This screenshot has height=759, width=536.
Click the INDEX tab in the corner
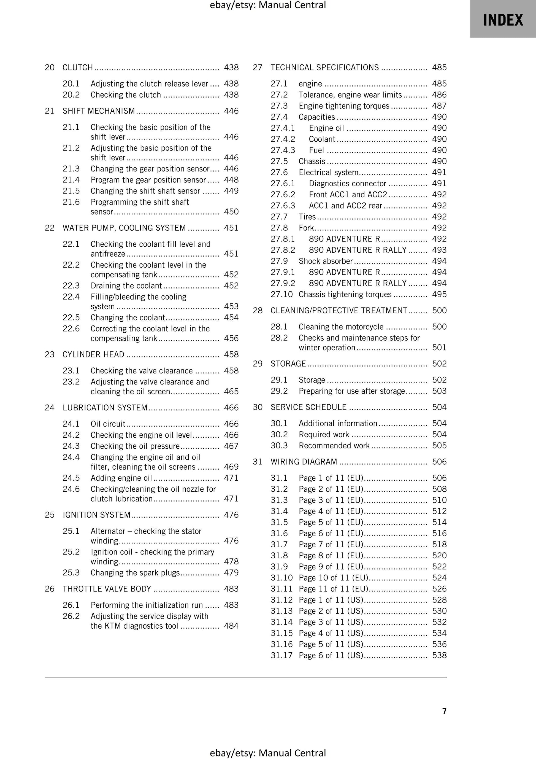503,20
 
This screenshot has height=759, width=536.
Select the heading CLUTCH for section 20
78,68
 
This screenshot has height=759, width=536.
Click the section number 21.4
71,180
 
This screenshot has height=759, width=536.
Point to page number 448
231,180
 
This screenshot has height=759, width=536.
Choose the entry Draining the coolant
126,286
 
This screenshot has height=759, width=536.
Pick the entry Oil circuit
108,424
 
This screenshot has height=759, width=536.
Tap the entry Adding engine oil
121,478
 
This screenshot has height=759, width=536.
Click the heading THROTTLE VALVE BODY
107,589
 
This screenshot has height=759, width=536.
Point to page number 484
231,626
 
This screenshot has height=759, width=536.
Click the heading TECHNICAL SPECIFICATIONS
324,68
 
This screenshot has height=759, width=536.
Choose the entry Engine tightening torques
344,106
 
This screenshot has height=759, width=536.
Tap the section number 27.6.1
283,184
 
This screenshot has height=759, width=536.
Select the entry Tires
307,217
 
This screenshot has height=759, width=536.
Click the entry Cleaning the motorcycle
341,327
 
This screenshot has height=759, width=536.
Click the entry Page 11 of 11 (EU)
333,589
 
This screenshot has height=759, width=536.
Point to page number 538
439,655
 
